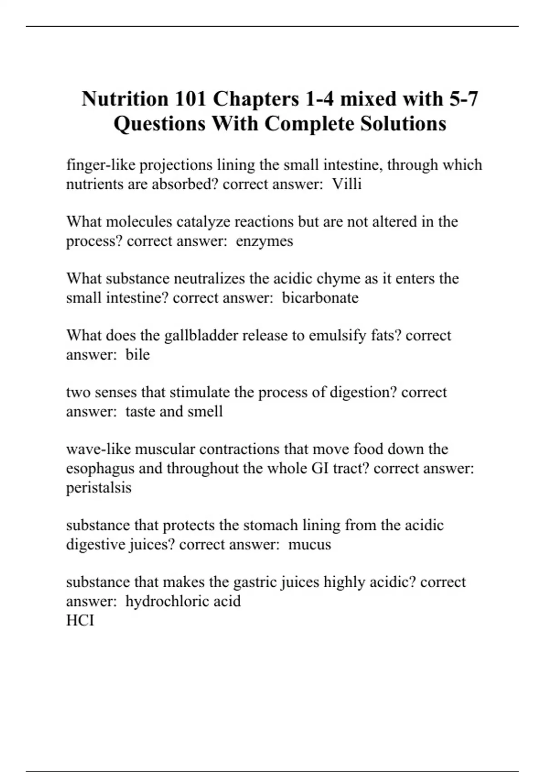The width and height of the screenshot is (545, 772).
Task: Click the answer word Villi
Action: coord(347,184)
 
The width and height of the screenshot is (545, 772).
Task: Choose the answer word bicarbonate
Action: coord(320,297)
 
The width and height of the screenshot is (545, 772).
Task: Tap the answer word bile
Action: coord(137,354)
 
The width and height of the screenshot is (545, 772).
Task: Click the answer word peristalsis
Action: coord(99,487)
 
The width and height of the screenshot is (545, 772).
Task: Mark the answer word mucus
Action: coord(309,544)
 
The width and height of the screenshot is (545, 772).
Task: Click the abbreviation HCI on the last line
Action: coord(80,620)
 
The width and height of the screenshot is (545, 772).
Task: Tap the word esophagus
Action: coord(100,468)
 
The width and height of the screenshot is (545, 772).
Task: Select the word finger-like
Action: coord(100,165)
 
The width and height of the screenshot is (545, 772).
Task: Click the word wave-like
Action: coord(98,449)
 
